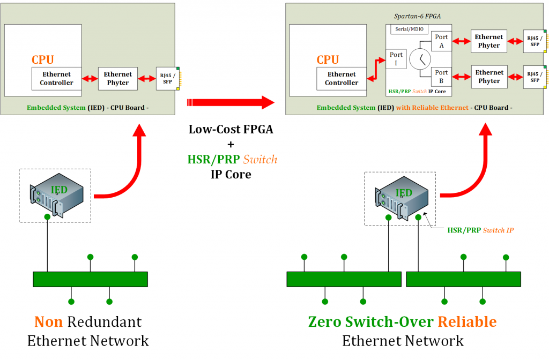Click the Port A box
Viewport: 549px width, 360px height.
click(442, 41)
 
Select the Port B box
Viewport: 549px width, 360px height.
click(441, 77)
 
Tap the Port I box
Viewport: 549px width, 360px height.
click(396, 59)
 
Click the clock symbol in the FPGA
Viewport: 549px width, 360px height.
click(420, 59)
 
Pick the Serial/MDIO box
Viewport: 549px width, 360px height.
click(409, 29)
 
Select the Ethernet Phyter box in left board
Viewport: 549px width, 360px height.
click(118, 78)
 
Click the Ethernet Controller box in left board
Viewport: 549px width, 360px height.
click(56, 79)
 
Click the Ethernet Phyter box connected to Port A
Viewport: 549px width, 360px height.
click(489, 41)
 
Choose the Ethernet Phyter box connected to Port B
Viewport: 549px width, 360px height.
click(489, 77)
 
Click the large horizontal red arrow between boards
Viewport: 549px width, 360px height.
click(231, 102)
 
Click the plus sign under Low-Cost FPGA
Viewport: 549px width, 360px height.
click(231, 144)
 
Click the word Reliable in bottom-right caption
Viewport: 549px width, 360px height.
click(467, 321)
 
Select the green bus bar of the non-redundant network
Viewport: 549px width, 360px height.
click(90, 279)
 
